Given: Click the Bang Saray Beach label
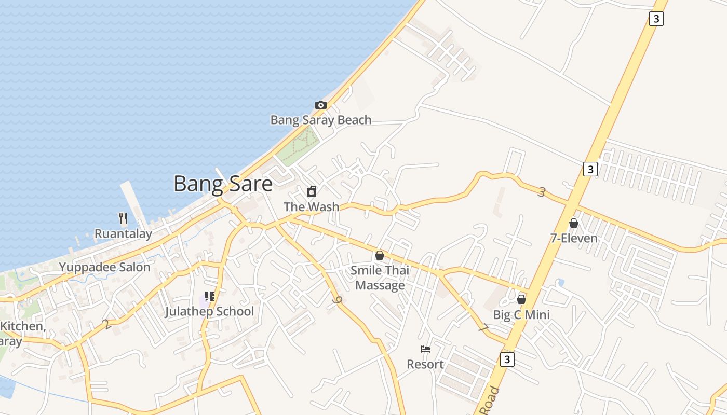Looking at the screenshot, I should [x=321, y=120].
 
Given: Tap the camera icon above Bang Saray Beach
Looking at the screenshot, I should [x=321, y=105].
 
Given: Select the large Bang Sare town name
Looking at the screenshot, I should [x=223, y=184].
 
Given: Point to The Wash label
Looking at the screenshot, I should [x=312, y=206].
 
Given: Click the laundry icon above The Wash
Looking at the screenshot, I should [x=312, y=192].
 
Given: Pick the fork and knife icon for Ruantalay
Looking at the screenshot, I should [x=123, y=218].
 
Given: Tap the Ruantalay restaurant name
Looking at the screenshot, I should [x=123, y=234].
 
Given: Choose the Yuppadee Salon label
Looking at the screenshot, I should [x=104, y=267].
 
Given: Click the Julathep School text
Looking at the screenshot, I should [x=209, y=311].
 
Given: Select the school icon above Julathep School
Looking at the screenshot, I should [x=209, y=297].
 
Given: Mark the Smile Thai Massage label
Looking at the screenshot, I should [x=380, y=278].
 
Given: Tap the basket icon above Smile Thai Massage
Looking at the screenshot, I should [x=380, y=255].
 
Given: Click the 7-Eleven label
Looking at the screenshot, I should [x=574, y=238].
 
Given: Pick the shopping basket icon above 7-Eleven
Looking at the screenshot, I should [x=574, y=223].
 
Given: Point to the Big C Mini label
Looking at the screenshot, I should [x=521, y=315].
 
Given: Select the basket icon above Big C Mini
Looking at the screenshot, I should [x=521, y=300].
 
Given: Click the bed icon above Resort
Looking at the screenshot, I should [x=425, y=349].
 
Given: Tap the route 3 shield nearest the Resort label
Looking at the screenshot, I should [x=507, y=359].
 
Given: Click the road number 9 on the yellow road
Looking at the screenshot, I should [x=339, y=300].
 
